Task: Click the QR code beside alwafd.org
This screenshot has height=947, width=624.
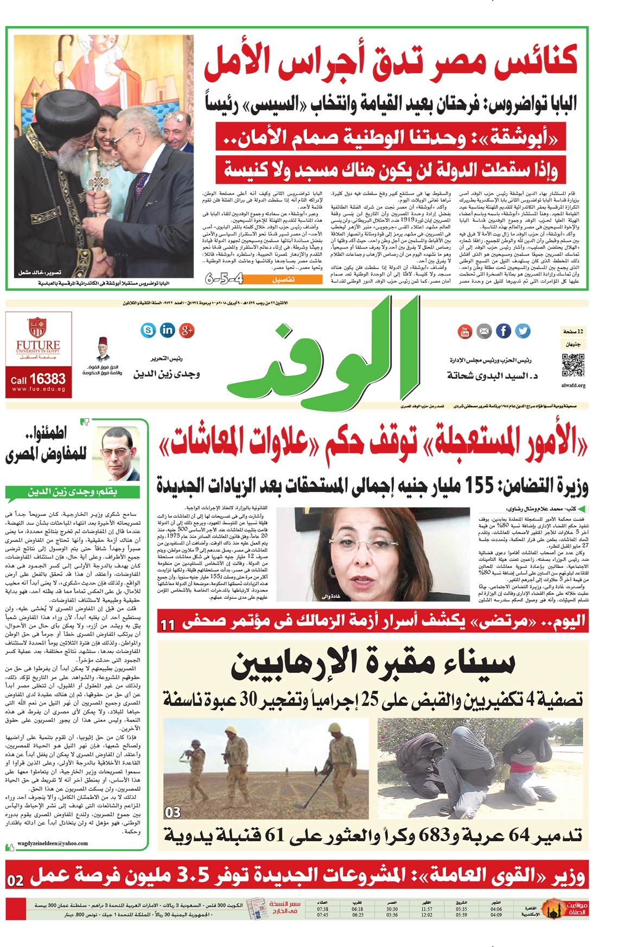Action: pos(572,364)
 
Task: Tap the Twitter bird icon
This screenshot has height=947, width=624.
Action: pos(522,331)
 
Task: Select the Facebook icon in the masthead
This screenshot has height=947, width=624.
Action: pos(503,331)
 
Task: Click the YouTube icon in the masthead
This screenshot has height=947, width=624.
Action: pos(465,331)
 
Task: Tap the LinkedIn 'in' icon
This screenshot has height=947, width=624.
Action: pos(168,329)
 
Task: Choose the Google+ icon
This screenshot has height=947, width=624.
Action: pos(187,330)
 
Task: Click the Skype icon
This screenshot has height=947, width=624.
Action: pos(148,329)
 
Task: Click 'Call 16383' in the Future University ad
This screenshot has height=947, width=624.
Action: pos(38,379)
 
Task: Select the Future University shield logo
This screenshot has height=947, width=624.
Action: pos(37,328)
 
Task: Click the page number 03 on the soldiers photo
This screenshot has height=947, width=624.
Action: pos(173,812)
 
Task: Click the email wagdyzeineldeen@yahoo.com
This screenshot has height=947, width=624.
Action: pos(53,843)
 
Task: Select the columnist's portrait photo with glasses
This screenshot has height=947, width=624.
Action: pos(118,453)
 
